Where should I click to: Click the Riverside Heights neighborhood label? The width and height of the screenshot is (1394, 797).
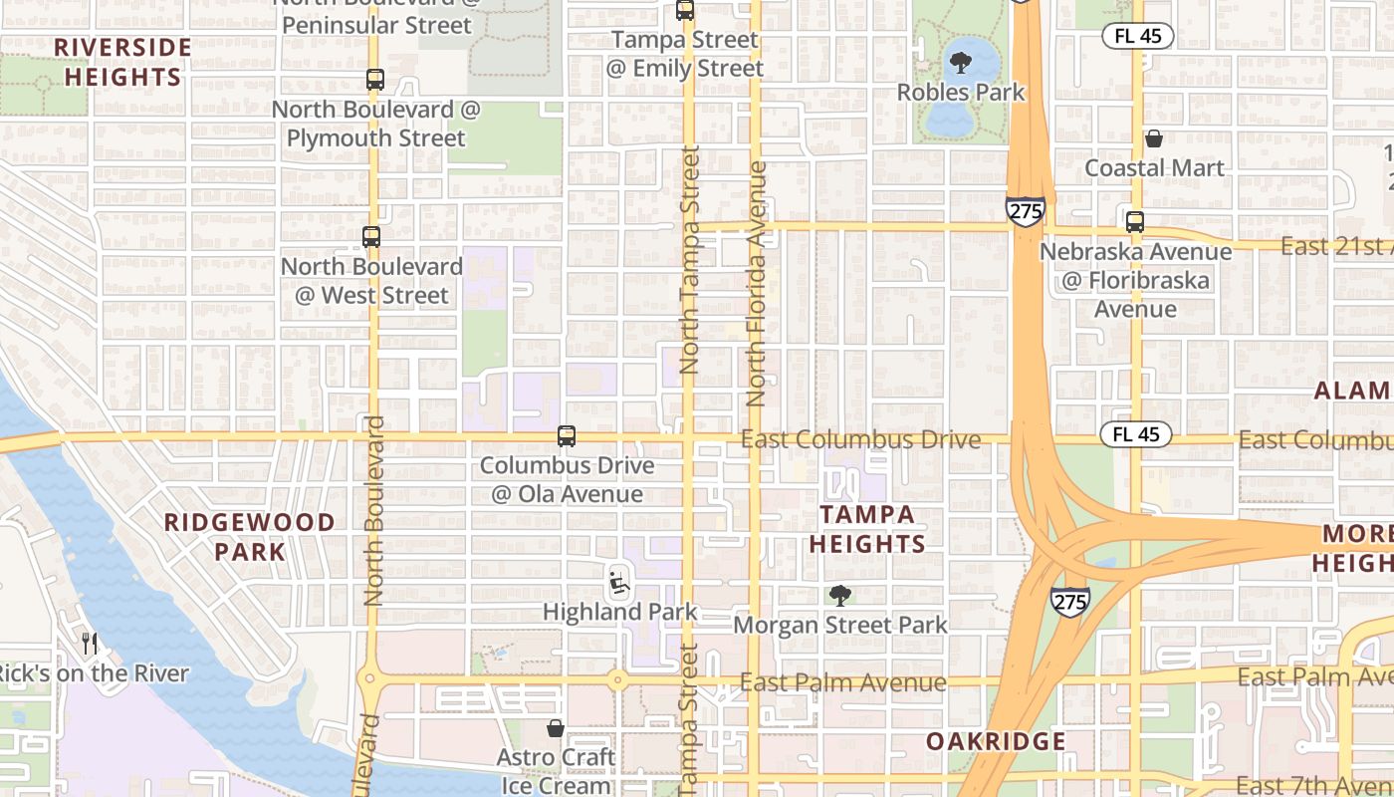coord(123,62)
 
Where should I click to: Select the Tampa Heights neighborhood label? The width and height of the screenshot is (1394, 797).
coord(866,529)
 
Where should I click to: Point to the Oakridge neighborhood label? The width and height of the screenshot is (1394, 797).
coord(996,741)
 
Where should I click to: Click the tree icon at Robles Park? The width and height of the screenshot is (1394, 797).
coord(961,64)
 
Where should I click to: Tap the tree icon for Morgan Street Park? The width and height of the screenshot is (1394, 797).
coord(840,596)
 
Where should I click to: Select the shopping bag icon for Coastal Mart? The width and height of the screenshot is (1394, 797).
coord(1154,138)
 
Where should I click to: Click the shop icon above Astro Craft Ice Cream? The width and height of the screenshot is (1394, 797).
coord(556,729)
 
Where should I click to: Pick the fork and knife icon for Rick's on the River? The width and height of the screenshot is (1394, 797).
coord(90,644)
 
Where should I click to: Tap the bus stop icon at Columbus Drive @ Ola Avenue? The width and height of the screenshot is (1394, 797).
coord(567,435)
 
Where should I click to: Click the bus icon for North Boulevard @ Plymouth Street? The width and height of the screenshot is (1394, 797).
coord(375,80)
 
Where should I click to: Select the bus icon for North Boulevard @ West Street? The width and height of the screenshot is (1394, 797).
coord(371,237)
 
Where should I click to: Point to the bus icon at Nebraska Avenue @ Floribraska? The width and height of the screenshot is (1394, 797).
coord(1135,222)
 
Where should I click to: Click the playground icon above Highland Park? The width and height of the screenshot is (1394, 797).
coord(618,581)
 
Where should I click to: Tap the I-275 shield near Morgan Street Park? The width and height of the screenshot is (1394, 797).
coord(1069,600)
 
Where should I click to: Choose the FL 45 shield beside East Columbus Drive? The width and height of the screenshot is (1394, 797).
coord(1135,434)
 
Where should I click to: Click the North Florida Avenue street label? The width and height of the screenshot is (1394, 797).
coord(757,284)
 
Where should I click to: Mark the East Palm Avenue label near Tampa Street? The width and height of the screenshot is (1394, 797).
coord(842,682)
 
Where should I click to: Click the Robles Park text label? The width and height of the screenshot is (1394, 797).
coord(961,93)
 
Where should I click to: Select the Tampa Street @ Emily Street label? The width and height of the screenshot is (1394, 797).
coord(685,54)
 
